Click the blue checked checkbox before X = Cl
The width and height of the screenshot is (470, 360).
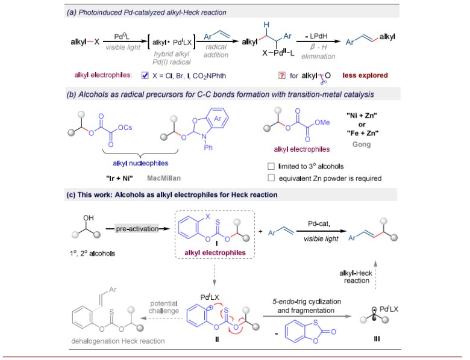(x=145, y=75)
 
